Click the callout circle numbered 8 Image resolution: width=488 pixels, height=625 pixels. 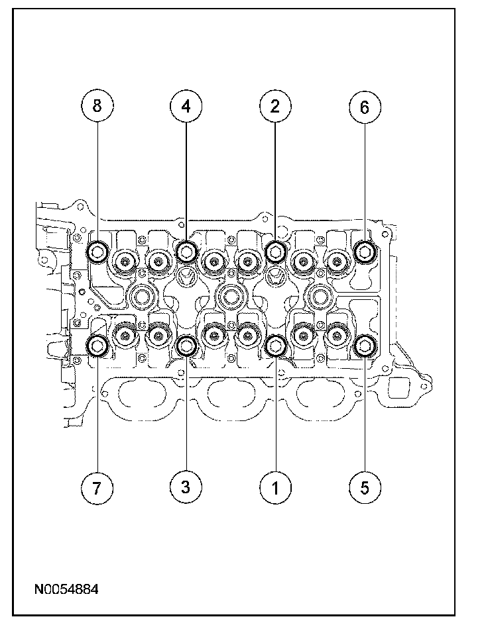(x=97, y=106)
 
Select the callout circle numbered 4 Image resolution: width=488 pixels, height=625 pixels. (x=186, y=106)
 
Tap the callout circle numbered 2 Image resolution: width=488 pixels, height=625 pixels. (x=274, y=106)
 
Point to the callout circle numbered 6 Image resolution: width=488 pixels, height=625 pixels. (x=364, y=106)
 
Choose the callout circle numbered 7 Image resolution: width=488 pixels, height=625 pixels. (x=97, y=487)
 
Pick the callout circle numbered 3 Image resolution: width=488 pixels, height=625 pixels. (x=186, y=487)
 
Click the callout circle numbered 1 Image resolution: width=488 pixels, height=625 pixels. (x=274, y=487)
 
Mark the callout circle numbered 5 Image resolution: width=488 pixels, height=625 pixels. (x=364, y=487)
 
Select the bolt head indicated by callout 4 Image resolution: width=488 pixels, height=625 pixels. (x=186, y=250)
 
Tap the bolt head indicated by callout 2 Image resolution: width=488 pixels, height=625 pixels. (x=274, y=250)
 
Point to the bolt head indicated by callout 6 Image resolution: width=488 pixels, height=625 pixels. (x=364, y=250)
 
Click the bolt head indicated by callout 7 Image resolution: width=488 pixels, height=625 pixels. (x=98, y=345)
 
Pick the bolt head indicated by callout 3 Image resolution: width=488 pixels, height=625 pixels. (x=186, y=345)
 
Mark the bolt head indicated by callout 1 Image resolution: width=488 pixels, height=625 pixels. (x=274, y=345)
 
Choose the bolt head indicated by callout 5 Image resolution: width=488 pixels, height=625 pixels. (x=364, y=345)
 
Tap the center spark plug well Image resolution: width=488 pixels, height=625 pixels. (x=230, y=297)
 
